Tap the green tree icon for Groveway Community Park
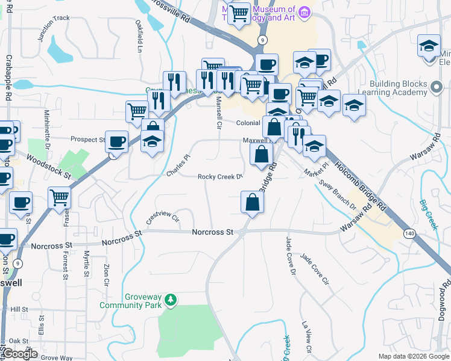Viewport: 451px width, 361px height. click(171, 299)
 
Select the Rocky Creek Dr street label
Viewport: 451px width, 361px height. click(220, 177)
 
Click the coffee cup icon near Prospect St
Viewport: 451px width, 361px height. click(117, 142)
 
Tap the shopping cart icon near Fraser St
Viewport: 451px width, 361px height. click(60, 197)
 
